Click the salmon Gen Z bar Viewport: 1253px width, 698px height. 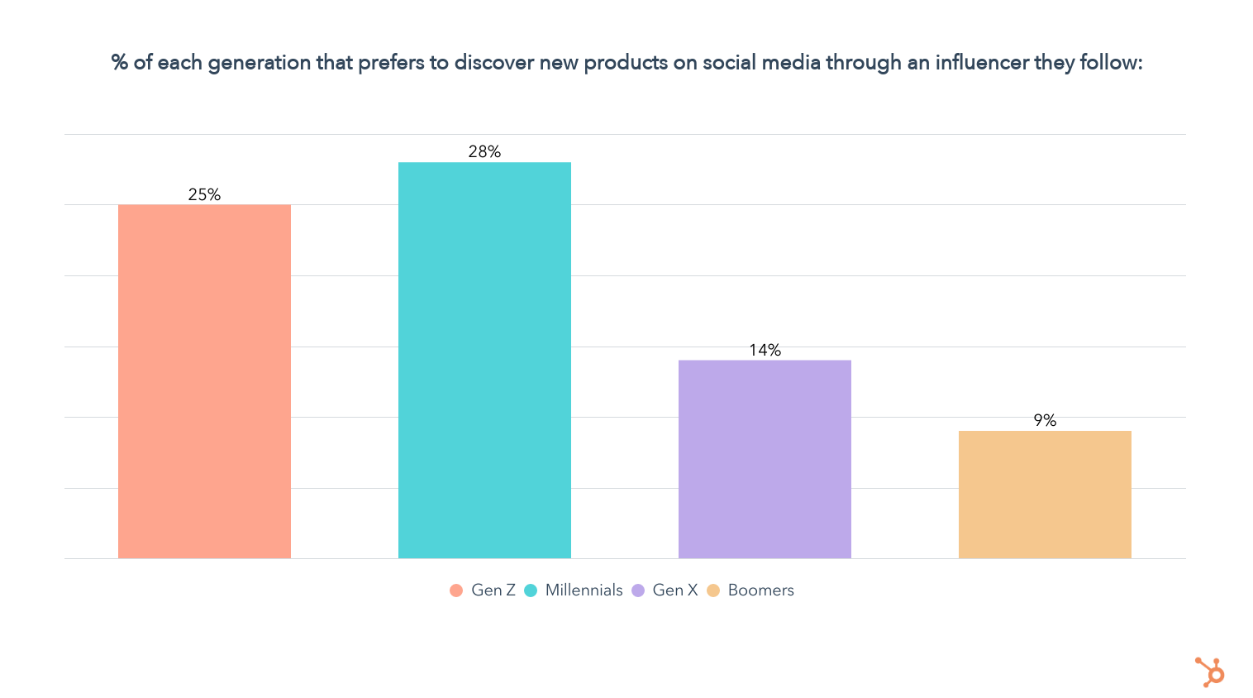tap(204, 381)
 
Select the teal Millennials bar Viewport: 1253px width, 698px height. tap(484, 360)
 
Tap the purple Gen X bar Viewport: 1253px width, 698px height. tap(765, 459)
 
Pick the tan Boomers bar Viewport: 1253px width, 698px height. tap(1045, 495)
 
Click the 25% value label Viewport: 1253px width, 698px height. tap(204, 194)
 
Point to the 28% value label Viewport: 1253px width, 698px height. tap(484, 151)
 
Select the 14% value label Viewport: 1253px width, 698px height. tap(765, 350)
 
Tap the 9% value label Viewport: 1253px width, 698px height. tap(1045, 420)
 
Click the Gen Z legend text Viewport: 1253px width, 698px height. tap(493, 590)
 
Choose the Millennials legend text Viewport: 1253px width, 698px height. tap(584, 590)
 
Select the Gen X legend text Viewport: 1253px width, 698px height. tap(675, 590)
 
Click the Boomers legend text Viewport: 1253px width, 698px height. tap(760, 590)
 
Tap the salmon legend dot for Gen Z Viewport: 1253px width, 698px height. tap(456, 590)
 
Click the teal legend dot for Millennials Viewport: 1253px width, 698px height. tap(531, 590)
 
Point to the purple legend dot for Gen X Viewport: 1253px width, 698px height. tap(638, 590)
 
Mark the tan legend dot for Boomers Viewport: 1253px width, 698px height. tap(713, 590)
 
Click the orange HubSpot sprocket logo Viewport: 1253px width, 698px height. tap(1210, 672)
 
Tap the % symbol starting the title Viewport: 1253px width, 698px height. tap(120, 63)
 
